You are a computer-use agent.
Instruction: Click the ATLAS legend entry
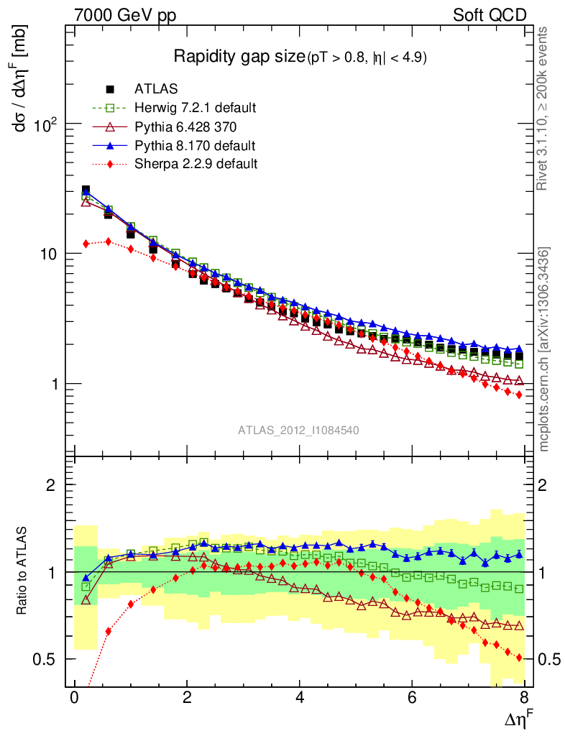[157, 89]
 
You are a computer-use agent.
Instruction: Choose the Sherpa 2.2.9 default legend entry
[196, 164]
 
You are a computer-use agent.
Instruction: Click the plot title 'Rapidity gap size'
[239, 57]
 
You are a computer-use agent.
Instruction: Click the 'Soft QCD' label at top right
[490, 15]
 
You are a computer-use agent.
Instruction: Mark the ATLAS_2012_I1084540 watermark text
[298, 431]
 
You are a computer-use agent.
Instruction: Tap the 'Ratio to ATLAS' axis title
[24, 571]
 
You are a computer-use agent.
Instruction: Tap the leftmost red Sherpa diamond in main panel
[86, 244]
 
